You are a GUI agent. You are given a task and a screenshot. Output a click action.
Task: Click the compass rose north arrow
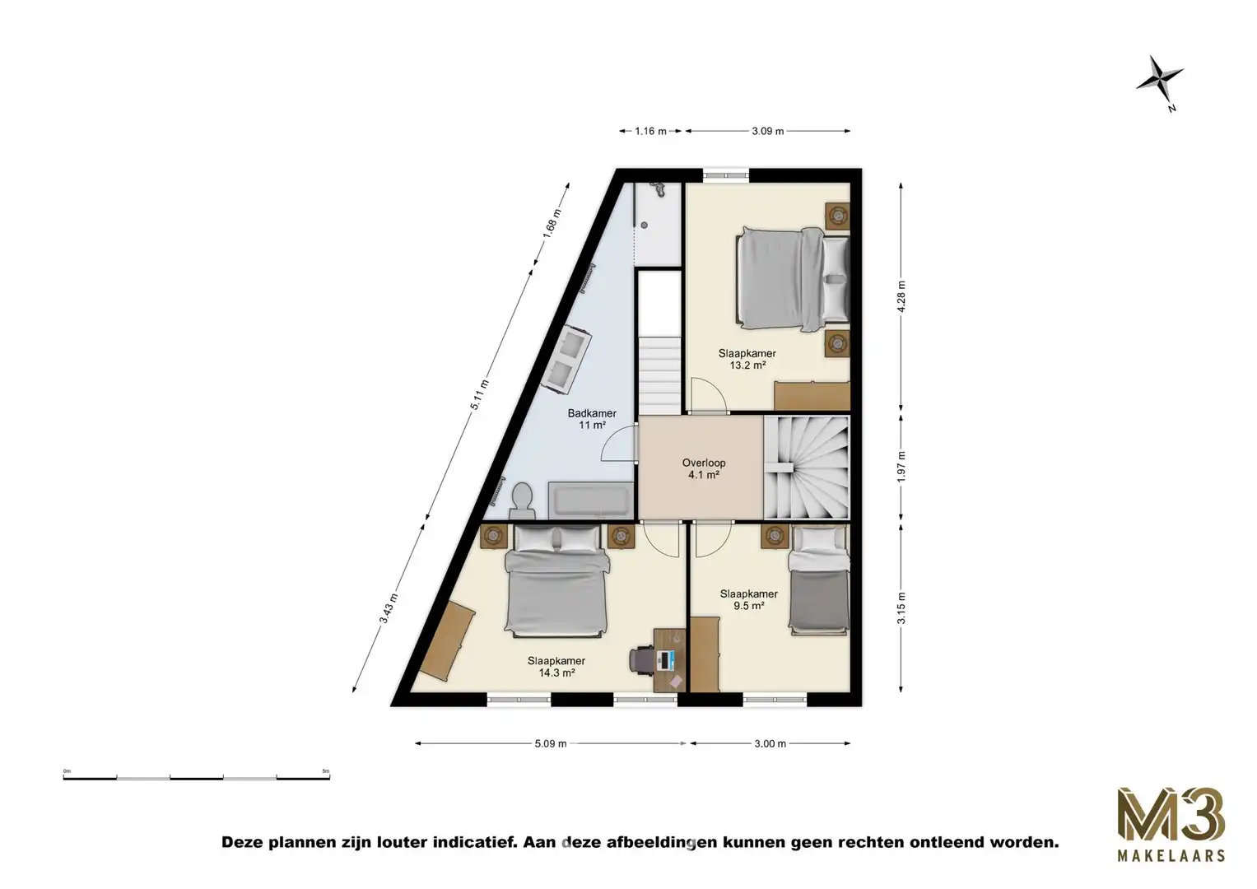pos(1160,81)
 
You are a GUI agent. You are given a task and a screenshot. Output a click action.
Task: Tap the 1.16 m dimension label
pos(649,131)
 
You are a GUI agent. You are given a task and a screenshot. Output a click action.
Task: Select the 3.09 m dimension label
pos(767,131)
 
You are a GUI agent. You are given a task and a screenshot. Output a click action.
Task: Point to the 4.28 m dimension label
pos(901,296)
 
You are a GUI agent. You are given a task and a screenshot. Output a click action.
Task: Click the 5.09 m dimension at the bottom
pos(550,744)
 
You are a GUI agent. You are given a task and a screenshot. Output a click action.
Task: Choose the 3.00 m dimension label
pos(770,744)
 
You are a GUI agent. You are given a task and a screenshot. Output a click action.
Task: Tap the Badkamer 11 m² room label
pos(592,420)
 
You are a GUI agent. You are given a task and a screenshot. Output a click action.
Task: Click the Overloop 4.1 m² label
pos(704,468)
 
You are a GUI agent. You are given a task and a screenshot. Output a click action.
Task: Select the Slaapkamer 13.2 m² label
pos(747,360)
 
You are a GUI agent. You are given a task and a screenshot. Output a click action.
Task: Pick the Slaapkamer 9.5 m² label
pos(748,599)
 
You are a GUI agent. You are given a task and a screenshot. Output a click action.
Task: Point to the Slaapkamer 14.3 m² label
pos(556,666)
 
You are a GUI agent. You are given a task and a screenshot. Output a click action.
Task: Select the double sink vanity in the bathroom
pos(566,358)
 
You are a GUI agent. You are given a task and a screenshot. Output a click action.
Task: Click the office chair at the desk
pos(642,659)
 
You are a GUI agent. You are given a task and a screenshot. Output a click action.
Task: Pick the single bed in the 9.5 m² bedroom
pos(818,580)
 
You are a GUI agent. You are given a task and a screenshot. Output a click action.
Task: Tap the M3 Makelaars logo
pos(1170,824)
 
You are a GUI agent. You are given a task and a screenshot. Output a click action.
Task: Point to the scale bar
pos(196,776)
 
